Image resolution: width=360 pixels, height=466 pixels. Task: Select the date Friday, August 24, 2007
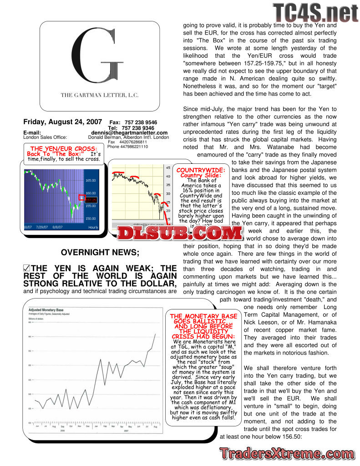63,122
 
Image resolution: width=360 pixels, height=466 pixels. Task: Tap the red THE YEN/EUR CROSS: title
63,149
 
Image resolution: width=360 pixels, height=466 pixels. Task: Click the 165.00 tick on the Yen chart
91,181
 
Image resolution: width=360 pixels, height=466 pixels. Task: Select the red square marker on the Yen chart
81,198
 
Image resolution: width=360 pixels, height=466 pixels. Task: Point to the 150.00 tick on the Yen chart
91,218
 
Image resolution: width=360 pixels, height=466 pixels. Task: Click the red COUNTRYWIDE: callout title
194,170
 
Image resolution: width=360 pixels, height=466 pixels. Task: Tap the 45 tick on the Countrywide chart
167,167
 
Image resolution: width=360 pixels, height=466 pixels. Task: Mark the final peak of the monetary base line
155,334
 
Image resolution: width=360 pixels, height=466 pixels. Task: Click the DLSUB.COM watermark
180,233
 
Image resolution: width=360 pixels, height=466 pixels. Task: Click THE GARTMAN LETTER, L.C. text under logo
100,95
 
